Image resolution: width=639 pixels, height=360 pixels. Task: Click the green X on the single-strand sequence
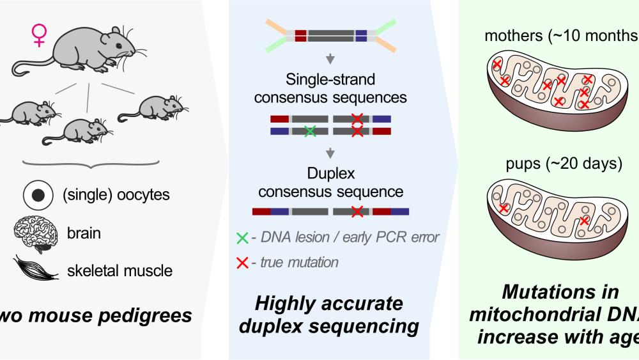pyautogui.click(x=310, y=131)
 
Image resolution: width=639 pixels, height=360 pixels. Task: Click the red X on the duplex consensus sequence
pyautogui.click(x=358, y=211)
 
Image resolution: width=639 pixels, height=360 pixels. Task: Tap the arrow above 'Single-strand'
pyautogui.click(x=330, y=61)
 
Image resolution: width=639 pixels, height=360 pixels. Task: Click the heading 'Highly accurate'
pyautogui.click(x=330, y=303)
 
